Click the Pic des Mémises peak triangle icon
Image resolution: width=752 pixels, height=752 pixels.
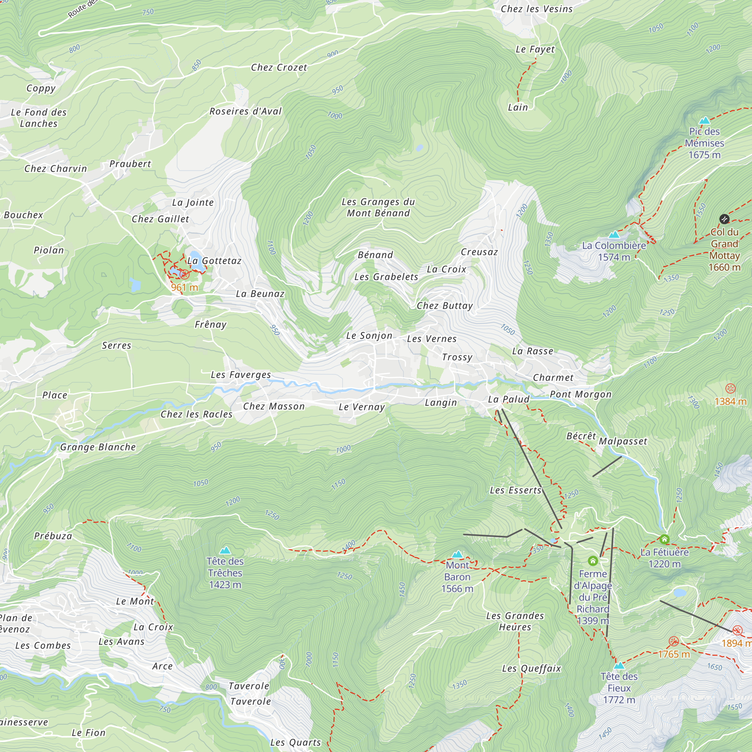(704, 121)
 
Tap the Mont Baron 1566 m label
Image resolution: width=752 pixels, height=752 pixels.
(457, 577)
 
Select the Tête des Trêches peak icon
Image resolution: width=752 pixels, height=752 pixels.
(225, 550)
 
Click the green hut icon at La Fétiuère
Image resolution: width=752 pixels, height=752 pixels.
(664, 539)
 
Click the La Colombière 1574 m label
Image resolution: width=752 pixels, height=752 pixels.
(614, 251)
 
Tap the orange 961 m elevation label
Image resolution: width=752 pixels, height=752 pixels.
(185, 287)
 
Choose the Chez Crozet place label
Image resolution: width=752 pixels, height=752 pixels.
(279, 67)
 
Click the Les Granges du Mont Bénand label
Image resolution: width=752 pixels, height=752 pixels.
(378, 207)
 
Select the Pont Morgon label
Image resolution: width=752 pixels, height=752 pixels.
(580, 394)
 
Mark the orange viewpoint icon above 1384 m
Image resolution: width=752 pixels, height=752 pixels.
(730, 388)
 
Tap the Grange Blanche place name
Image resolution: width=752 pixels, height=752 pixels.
(98, 447)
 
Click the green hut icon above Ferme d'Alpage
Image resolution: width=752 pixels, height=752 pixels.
(593, 561)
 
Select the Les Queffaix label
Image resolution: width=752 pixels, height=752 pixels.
(531, 668)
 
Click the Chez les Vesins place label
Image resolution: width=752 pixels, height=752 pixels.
(537, 9)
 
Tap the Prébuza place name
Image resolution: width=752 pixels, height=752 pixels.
(53, 536)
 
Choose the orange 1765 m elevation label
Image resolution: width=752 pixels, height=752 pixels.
(674, 654)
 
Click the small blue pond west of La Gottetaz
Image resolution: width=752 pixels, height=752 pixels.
(135, 285)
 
